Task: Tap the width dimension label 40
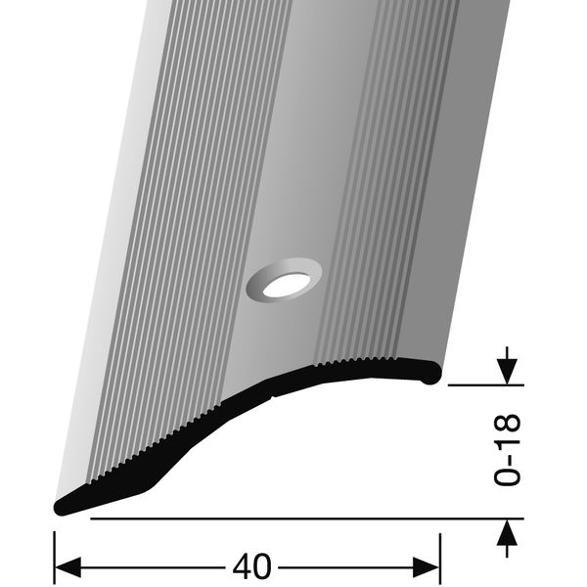253,565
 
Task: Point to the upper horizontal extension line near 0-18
479,385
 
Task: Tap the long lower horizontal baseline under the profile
293,518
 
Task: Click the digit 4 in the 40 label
243,565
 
